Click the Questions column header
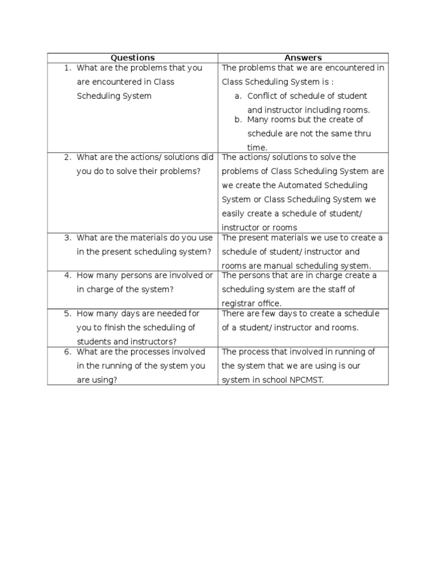pyautogui.click(x=132, y=58)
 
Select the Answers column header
pyautogui.click(x=303, y=58)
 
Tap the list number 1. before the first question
pyautogui.click(x=67, y=68)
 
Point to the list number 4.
pyautogui.click(x=67, y=276)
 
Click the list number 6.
pyautogui.click(x=67, y=352)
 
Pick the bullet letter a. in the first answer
pyautogui.click(x=238, y=96)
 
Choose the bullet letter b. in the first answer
pyautogui.click(x=238, y=120)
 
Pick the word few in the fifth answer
pyautogui.click(x=271, y=314)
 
